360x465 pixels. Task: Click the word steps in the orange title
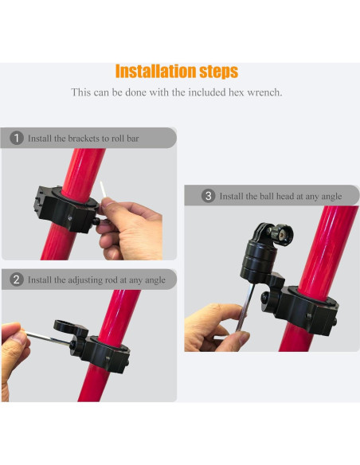(217, 72)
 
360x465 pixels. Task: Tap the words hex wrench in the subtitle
(254, 92)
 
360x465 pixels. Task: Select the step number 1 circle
(17, 138)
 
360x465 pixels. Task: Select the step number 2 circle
(17, 279)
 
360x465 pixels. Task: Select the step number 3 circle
(209, 195)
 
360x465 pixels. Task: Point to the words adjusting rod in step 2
(85, 279)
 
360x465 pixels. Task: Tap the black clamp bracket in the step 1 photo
(65, 205)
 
